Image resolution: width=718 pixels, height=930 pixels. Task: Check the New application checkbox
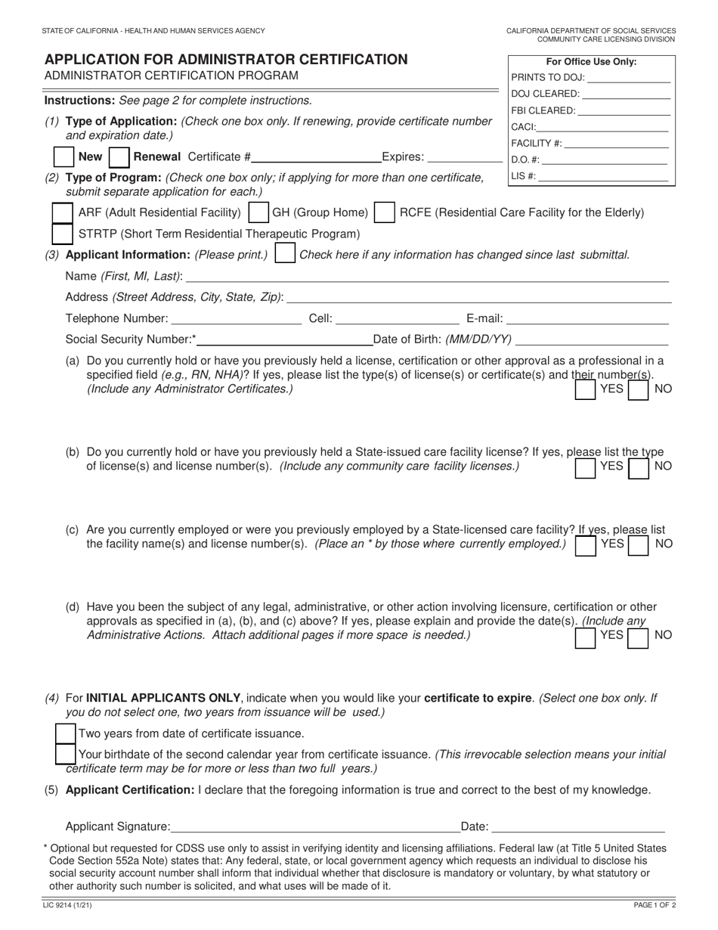click(64, 157)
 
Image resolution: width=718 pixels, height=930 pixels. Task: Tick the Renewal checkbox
click(119, 157)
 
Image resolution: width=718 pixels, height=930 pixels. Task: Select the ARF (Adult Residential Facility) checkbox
click(62, 212)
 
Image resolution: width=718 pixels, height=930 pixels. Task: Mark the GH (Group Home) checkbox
click(258, 212)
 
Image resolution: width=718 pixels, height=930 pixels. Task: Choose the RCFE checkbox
click(385, 212)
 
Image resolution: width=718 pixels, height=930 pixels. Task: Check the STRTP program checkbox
click(62, 234)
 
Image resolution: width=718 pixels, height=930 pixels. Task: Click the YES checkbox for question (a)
click(585, 389)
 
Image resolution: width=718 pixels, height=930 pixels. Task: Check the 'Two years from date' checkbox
click(67, 733)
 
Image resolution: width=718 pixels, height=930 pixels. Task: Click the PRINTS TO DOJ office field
click(628, 77)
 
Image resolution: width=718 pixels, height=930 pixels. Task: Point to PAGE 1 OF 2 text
click(654, 905)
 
